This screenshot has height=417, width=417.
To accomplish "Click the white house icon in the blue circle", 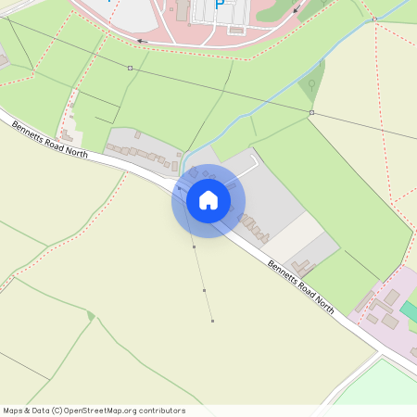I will coord(208,200).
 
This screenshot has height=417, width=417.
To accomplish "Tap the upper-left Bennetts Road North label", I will coord(51,140).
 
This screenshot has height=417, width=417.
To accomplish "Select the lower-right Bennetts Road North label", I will coord(300,286).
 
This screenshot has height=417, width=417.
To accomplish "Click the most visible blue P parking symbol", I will coord(220,5).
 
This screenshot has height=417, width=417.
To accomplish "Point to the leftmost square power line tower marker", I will coord(130,69).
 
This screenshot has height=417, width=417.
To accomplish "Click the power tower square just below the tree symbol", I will coord(311,113).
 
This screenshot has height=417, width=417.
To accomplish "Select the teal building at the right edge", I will coord(410,311).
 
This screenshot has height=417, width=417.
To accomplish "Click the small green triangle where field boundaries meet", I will coord(91,316).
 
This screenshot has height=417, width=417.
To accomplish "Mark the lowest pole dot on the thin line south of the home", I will coord(212,322).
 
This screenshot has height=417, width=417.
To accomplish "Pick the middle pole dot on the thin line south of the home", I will coord(204,291).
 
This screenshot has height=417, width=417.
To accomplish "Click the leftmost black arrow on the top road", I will coord(141,41).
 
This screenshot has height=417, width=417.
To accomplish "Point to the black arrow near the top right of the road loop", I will coord(296,11).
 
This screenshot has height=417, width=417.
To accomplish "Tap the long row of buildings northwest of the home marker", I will coord(139,151).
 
